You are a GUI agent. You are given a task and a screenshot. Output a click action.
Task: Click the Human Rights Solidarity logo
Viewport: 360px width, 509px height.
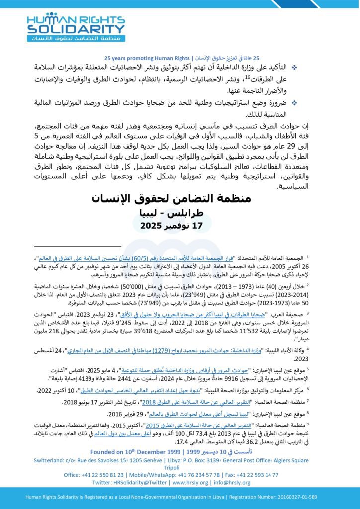[x=75, y=27]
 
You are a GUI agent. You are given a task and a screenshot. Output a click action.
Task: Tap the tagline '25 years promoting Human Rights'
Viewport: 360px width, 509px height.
[x=148, y=58]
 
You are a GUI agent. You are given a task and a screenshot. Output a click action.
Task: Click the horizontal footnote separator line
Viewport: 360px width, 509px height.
[x=78, y=246]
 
